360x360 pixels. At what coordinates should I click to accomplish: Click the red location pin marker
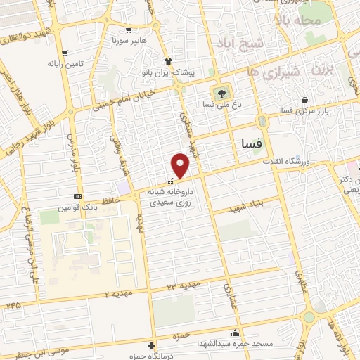[x=181, y=166]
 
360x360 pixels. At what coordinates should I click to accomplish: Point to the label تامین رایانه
[x=86, y=63]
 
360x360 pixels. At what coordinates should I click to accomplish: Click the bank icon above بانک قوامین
[x=77, y=196]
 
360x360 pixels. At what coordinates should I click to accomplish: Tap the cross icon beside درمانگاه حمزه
[x=152, y=345]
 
